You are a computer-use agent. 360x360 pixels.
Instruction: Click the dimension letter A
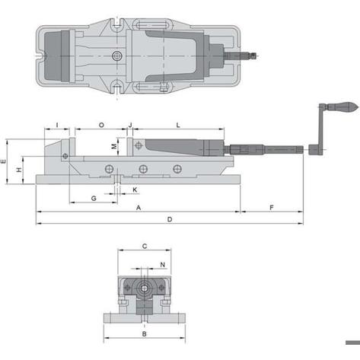139,208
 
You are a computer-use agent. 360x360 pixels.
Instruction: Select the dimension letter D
170,219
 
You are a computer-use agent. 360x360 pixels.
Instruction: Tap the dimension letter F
272,208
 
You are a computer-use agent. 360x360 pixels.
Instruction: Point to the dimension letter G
94,198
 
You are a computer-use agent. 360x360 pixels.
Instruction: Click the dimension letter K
135,190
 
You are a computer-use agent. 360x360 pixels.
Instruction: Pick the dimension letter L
178,125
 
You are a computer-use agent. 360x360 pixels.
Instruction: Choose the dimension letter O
101,125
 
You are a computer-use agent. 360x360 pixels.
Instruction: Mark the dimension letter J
130,125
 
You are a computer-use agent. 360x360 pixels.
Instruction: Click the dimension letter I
57,125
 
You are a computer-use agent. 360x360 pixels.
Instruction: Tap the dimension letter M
114,146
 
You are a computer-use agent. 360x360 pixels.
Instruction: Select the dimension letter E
3,161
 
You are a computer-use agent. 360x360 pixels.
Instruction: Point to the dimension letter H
19,170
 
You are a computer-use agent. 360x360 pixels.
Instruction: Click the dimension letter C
145,246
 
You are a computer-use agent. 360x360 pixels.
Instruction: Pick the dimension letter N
163,265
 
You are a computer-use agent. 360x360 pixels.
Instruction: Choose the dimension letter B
144,334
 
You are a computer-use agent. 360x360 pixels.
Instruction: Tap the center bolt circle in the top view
116,56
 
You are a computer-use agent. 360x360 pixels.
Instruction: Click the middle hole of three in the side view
143,169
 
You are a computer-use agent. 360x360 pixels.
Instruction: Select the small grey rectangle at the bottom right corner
352,342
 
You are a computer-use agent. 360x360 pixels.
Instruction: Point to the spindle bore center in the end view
145,288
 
